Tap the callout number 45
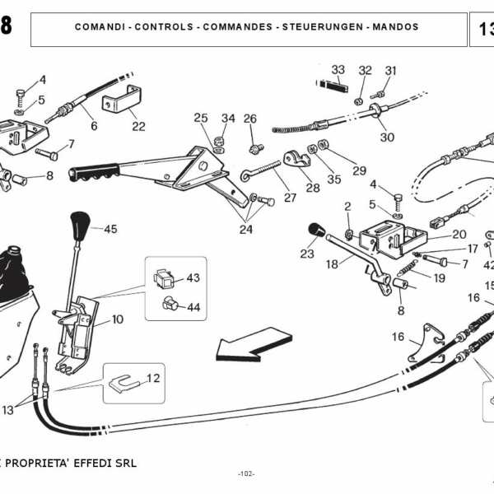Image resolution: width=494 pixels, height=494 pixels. tap(110, 229)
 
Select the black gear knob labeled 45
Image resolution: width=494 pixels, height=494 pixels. tap(80, 223)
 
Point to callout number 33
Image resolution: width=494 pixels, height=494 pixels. tap(338, 69)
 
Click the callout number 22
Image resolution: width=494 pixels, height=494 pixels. tap(138, 126)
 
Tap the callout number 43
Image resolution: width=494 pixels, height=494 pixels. tap(193, 278)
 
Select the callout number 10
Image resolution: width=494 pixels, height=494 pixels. tap(118, 319)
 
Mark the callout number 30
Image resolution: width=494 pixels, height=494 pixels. tap(387, 137)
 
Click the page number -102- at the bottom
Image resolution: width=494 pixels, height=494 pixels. tap(246, 473)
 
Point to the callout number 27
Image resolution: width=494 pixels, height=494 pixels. tap(290, 198)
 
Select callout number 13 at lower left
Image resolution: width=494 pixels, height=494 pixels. tap(8, 409)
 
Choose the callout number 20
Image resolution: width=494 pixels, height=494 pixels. tap(459, 234)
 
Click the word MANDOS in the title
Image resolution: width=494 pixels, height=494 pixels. tap(395, 27)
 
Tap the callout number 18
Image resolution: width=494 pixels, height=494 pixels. tap(332, 264)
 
